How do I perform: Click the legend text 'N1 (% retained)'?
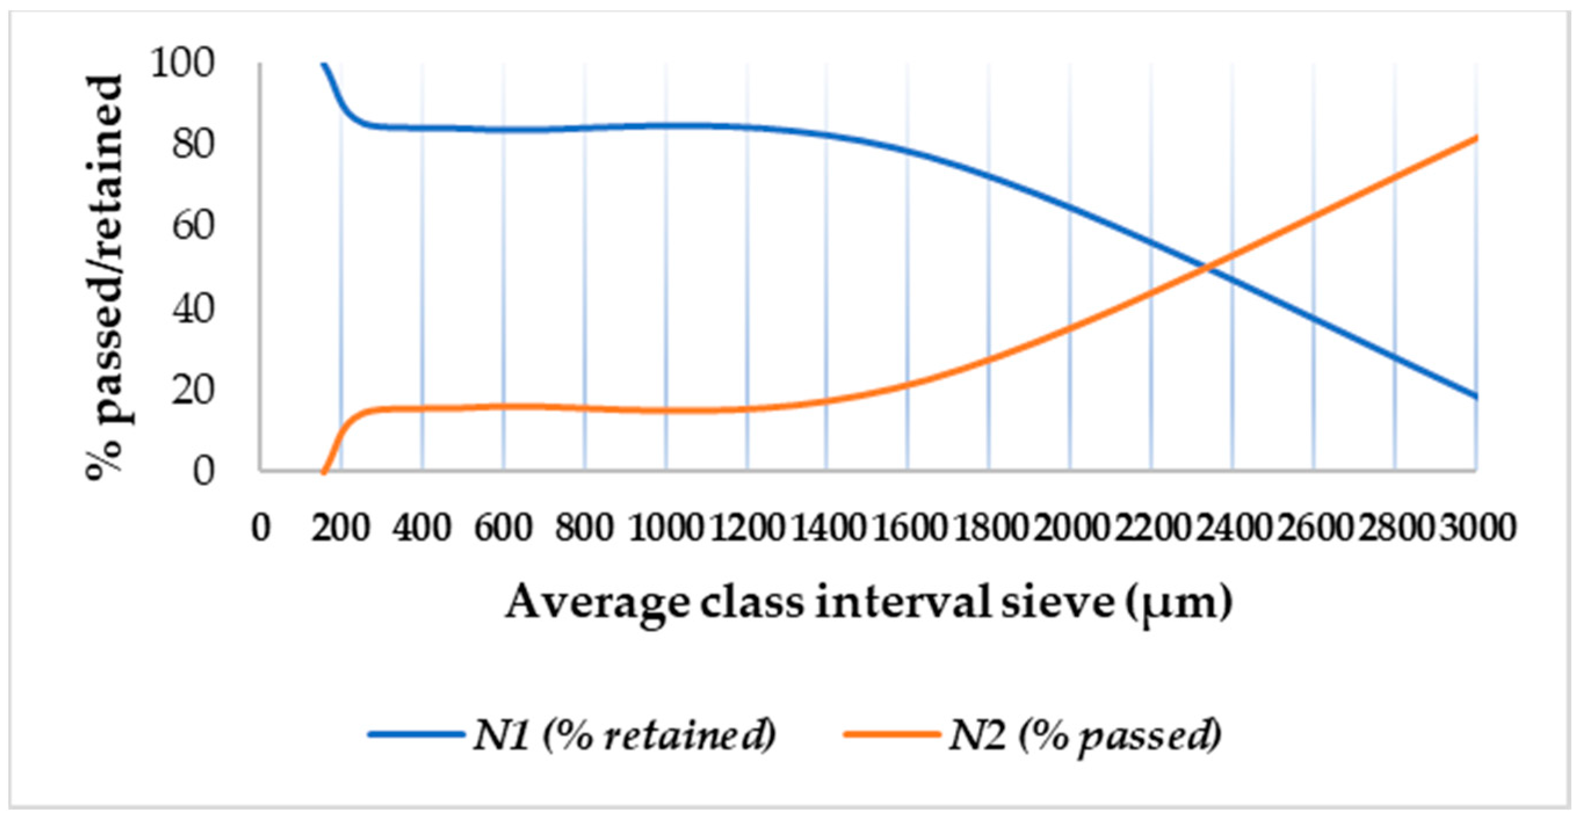click(x=625, y=735)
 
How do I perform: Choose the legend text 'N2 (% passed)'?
click(x=1085, y=735)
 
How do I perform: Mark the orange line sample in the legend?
click(x=891, y=735)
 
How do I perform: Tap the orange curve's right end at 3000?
click(x=1476, y=138)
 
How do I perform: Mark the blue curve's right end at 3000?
click(x=1476, y=397)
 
